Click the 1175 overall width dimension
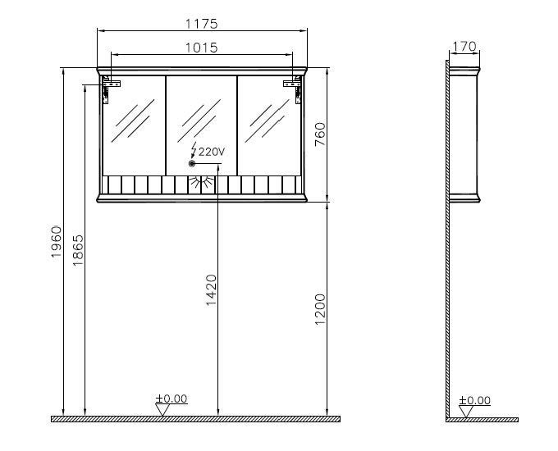[x=201, y=24]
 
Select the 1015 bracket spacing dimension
[x=201, y=48]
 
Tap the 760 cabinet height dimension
[x=320, y=134]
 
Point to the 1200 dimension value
[x=320, y=309]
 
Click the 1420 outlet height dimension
[x=211, y=290]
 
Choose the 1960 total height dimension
[x=57, y=242]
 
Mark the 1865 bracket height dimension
[x=78, y=250]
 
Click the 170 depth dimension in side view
[x=464, y=46]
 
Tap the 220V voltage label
[x=212, y=153]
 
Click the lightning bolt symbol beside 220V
[x=194, y=150]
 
